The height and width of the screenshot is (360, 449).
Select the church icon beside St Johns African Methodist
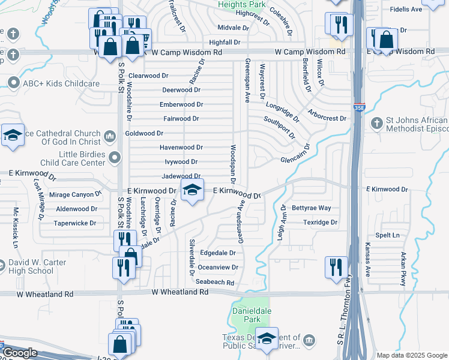[376, 123]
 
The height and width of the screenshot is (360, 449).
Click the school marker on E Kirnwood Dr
[192, 191]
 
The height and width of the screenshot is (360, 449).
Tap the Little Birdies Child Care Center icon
[115, 158]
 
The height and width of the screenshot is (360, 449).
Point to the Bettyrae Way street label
[311, 208]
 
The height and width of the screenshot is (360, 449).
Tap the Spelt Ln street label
[387, 235]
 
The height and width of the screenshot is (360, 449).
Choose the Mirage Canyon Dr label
[75, 195]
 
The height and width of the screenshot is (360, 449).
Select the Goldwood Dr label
[144, 133]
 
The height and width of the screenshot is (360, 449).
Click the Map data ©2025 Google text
[412, 355]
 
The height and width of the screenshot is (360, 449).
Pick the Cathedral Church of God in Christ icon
[109, 137]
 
